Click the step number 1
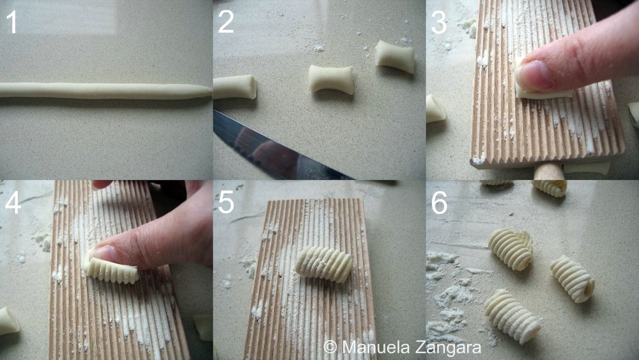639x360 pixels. pos(12,22)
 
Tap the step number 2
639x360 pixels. pos(226,22)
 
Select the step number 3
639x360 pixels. pos(439,22)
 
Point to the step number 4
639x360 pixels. pos(13,203)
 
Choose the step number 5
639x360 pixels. pos(226,203)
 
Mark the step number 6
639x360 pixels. pos(440,203)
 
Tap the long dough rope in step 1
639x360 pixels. pos(106,91)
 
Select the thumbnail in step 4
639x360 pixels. pos(102,254)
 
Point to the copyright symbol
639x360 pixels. pos(330,347)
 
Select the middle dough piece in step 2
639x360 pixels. pos(331,79)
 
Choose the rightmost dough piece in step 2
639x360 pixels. pos(394,56)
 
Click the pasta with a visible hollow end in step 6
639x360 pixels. pos(573,279)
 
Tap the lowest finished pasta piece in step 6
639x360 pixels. pos(512,317)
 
